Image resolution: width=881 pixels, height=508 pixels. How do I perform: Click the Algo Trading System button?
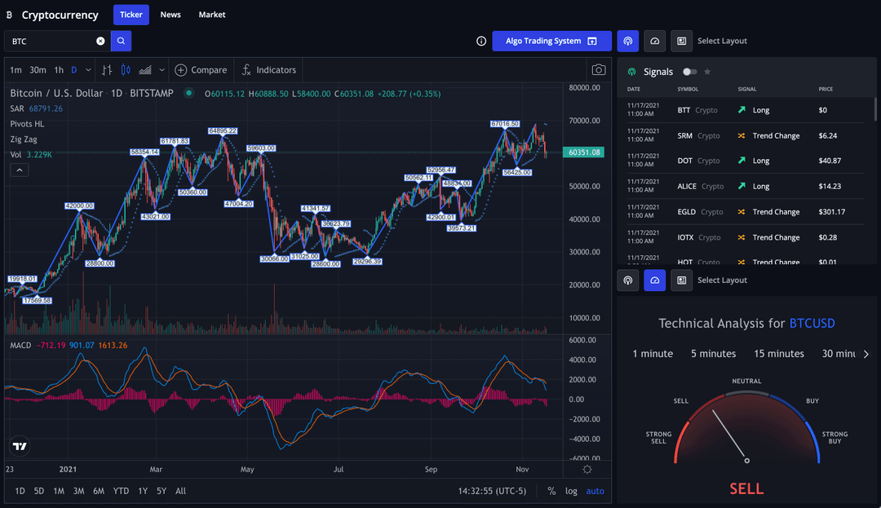coord(551,41)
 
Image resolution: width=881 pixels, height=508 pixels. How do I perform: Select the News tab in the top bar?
coord(170,15)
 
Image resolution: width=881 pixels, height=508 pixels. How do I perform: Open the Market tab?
coord(212,15)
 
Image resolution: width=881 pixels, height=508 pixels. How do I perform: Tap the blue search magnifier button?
coord(121,41)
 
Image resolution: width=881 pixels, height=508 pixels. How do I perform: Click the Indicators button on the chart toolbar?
coord(268,70)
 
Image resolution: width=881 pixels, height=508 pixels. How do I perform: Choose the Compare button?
coord(201,70)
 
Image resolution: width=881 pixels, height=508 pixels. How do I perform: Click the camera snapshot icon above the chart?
coord(599,70)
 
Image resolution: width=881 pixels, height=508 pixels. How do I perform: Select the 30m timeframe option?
coord(38,70)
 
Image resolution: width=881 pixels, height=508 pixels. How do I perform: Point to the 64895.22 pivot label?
coord(223,130)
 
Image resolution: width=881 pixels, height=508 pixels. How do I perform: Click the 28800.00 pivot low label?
coord(100,263)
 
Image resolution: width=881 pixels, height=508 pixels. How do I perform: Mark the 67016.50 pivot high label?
coord(505,124)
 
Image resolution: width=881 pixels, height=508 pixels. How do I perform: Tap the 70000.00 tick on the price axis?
coord(585,121)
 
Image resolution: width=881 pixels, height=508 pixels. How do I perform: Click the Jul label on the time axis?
coord(338,469)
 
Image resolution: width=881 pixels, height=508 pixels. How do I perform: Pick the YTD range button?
coord(121,491)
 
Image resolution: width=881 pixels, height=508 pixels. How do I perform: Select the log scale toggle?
coord(571,491)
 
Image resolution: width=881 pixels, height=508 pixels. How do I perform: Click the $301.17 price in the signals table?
coord(833,212)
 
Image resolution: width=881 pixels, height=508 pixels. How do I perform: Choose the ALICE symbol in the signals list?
coord(687,187)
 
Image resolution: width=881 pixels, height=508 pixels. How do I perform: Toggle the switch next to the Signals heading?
coord(690,72)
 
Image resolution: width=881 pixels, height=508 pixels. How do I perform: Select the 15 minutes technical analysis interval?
coord(778,354)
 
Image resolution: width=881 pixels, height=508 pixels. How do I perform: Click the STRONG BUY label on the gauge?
coord(835,438)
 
